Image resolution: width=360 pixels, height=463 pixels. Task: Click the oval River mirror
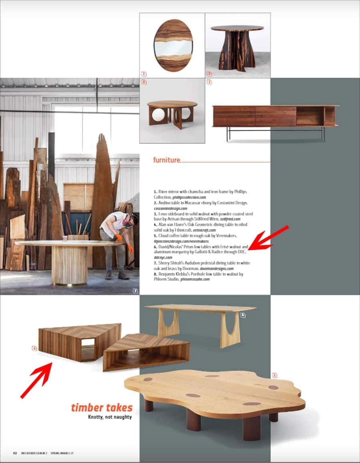coord(173,45)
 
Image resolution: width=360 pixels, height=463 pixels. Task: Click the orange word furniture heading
coord(166,160)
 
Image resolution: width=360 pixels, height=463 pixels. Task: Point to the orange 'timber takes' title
coord(102,408)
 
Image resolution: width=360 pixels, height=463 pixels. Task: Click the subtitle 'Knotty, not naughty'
coord(110,417)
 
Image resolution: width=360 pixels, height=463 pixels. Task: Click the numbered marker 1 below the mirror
coord(144,74)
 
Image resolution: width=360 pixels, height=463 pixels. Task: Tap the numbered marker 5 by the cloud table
coord(274,375)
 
